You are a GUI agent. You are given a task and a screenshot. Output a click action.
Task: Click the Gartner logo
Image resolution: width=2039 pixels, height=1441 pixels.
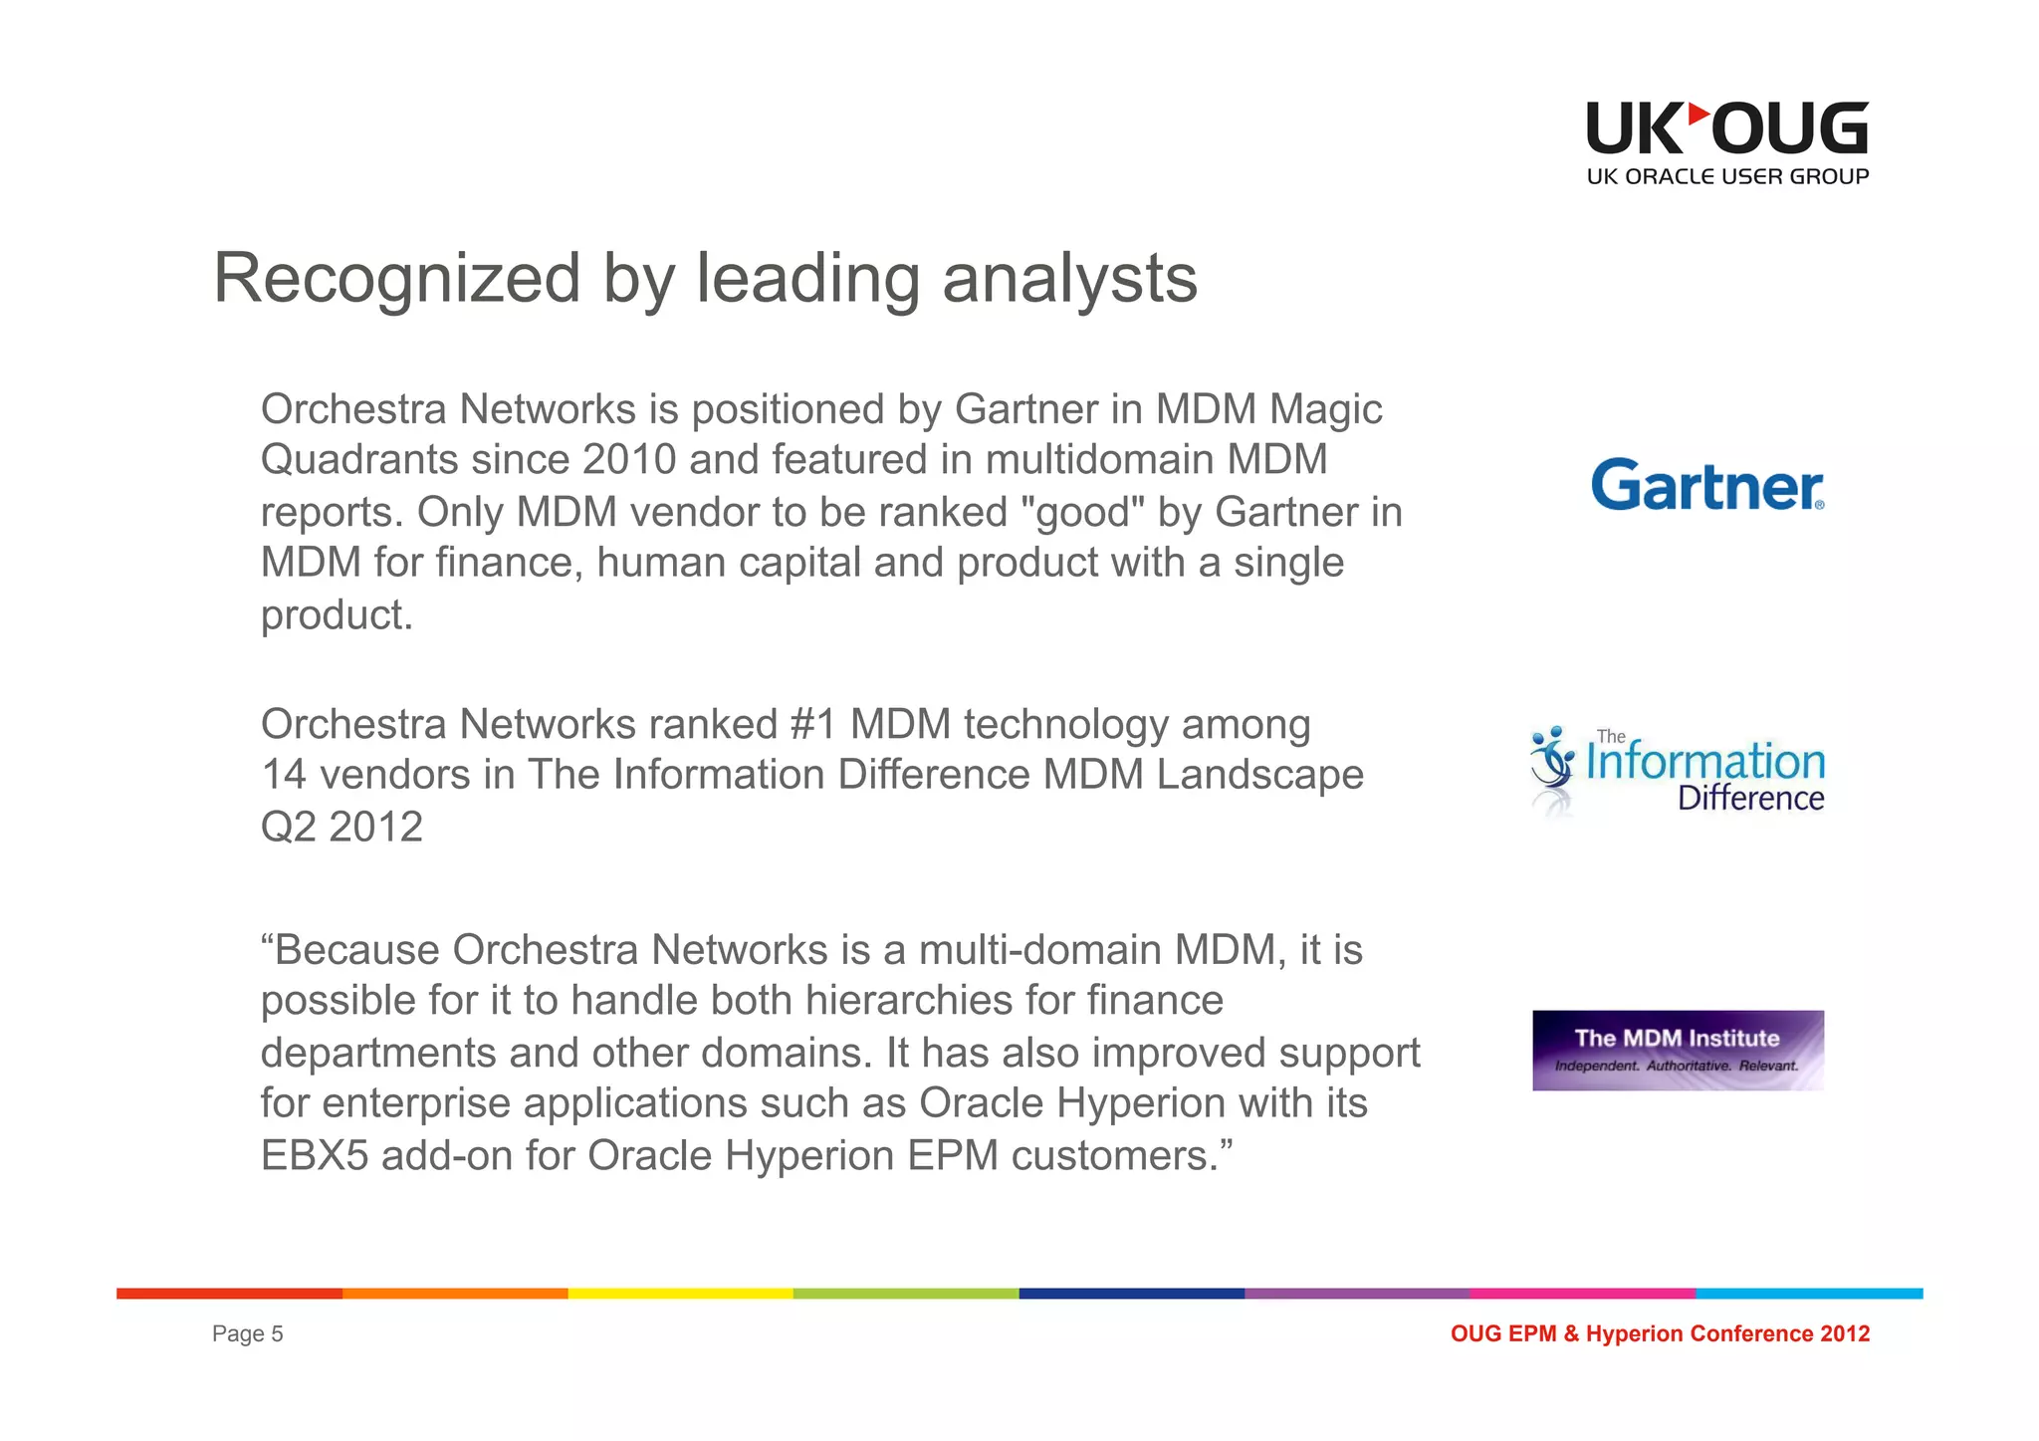coord(1707,485)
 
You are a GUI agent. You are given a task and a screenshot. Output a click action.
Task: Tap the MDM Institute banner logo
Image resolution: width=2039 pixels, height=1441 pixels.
coord(1678,1050)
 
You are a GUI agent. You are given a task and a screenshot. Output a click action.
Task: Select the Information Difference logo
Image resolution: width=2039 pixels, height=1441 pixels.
coord(1678,772)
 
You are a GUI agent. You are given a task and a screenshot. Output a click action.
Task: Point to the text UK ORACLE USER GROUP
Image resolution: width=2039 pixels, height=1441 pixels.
coord(1727,177)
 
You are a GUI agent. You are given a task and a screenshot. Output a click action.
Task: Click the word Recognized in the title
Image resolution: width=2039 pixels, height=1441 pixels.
coord(396,279)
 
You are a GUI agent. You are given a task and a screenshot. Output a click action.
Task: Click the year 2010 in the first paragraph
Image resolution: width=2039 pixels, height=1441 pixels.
coord(629,460)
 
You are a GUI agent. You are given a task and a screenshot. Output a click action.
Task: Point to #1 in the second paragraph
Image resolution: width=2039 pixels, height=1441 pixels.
coord(812,724)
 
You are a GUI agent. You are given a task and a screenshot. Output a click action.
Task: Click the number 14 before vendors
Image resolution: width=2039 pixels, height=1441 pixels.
coord(284,775)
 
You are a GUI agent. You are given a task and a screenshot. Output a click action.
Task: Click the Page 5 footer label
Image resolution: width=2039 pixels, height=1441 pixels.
coord(248,1333)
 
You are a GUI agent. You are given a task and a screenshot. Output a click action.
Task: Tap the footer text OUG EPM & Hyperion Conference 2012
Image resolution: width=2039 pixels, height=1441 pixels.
coord(1660,1333)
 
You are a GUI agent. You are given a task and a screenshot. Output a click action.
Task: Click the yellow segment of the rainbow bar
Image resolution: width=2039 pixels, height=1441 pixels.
coord(680,1294)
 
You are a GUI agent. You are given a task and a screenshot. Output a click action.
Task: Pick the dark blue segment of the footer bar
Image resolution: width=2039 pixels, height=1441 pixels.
coord(1131,1294)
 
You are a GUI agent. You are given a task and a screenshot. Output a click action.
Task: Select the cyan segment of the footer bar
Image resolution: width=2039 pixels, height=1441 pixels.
coord(1809,1294)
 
